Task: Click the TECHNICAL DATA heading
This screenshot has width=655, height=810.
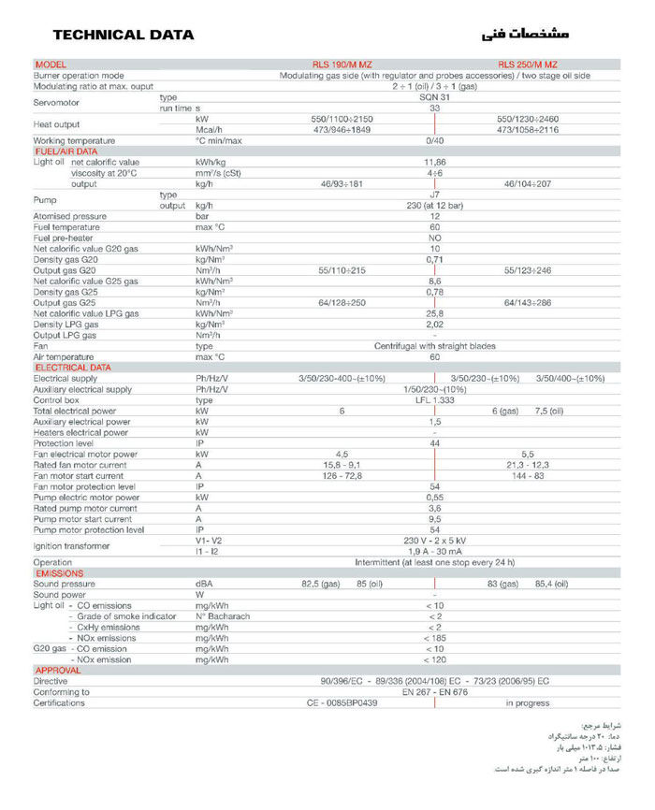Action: pos(124,36)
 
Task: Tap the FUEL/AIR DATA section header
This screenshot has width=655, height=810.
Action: pos(66,151)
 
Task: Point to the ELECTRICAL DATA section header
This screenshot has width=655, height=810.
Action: pos(72,368)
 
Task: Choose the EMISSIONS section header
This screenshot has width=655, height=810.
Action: pos(60,573)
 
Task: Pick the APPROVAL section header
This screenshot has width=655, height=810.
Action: pos(58,670)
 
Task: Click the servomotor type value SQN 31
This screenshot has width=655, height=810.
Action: pos(434,97)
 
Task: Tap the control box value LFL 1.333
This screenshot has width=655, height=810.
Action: pos(434,399)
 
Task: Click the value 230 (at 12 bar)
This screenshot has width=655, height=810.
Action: pos(434,205)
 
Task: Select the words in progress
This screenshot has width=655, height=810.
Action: pos(528,702)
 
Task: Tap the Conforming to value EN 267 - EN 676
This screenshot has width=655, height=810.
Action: pos(434,692)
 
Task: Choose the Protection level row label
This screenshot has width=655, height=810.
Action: pos(65,443)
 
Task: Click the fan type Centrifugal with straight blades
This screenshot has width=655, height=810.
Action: pos(434,346)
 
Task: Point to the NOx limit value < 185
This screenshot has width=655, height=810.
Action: pos(434,638)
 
